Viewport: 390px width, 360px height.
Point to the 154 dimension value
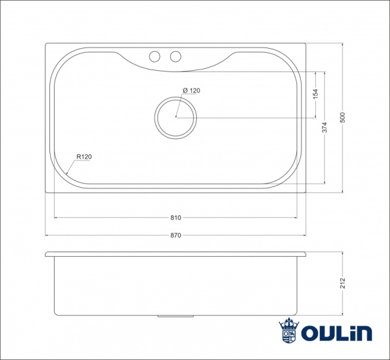tap(315, 94)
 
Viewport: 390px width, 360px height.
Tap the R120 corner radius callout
tap(84, 157)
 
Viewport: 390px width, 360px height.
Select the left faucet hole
tap(155, 57)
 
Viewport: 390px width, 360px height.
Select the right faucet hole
tap(175, 57)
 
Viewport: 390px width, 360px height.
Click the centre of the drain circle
tap(175, 118)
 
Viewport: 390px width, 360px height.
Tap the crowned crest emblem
tap(288, 331)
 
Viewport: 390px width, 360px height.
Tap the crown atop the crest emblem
tap(288, 323)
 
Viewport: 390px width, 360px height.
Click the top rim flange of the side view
tap(175, 253)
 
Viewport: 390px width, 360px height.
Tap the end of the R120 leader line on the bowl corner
tap(68, 174)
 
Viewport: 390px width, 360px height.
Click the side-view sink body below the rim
tap(175, 286)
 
